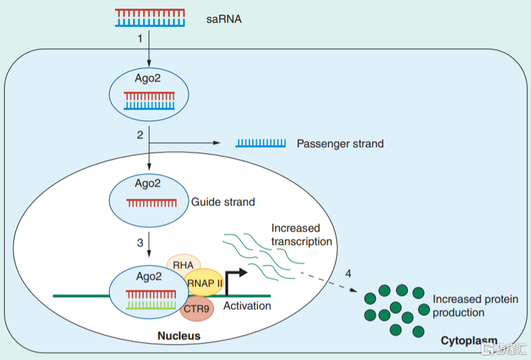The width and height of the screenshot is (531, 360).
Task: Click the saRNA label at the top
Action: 224,19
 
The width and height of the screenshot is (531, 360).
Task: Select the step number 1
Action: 140,39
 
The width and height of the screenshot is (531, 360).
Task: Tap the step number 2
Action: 140,135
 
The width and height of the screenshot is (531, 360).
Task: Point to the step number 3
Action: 140,242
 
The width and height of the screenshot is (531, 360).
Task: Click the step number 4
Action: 348,274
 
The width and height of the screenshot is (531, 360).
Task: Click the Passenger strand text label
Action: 340,143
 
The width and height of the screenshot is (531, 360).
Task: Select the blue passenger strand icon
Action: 260,143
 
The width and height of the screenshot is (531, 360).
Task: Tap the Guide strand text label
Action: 223,201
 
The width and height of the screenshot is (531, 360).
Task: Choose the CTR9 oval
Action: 195,308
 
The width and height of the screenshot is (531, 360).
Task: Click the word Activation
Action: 247,306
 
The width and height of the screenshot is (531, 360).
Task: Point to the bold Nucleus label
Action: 179,335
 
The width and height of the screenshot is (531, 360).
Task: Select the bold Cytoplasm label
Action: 469,341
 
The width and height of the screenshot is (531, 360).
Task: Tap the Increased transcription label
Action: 301,235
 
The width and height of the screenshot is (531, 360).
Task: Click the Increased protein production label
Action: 475,306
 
